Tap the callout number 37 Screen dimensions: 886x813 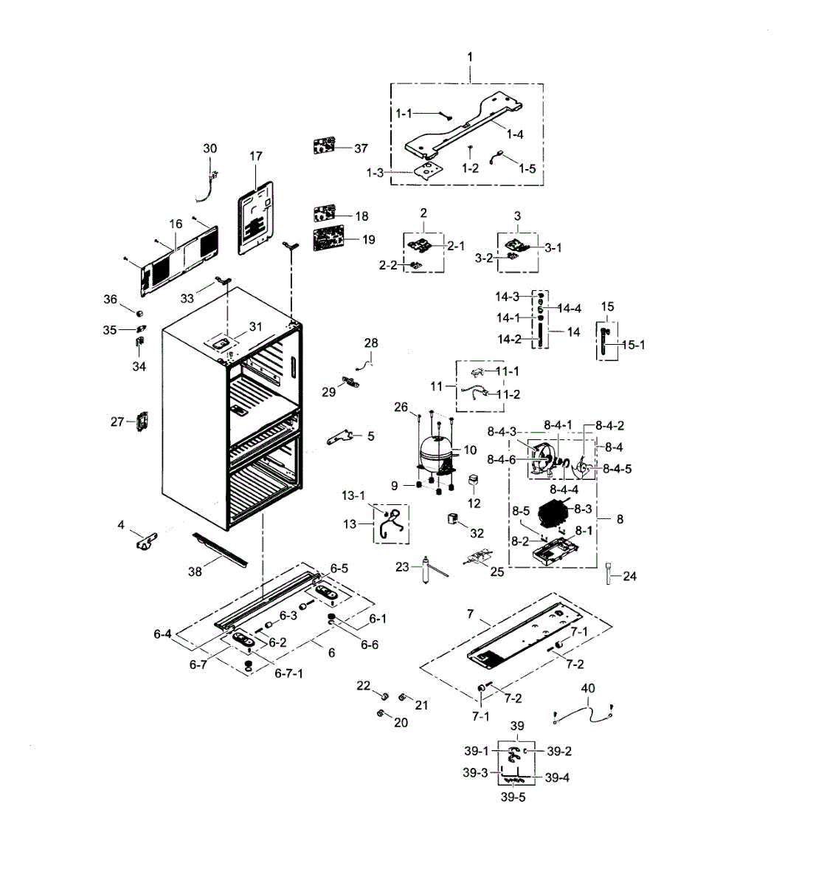[361, 148]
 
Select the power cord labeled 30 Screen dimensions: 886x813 [207, 185]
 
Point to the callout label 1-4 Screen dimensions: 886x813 [515, 134]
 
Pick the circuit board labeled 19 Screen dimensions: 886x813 [325, 239]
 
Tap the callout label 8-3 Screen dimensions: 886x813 [583, 509]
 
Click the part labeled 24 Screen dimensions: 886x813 [609, 573]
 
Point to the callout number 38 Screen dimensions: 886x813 [195, 571]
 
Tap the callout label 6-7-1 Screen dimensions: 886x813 [288, 673]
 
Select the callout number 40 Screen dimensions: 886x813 [587, 688]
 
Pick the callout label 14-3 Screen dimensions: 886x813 [508, 297]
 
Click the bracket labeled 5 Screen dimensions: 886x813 [341, 437]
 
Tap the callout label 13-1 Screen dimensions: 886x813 [353, 495]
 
